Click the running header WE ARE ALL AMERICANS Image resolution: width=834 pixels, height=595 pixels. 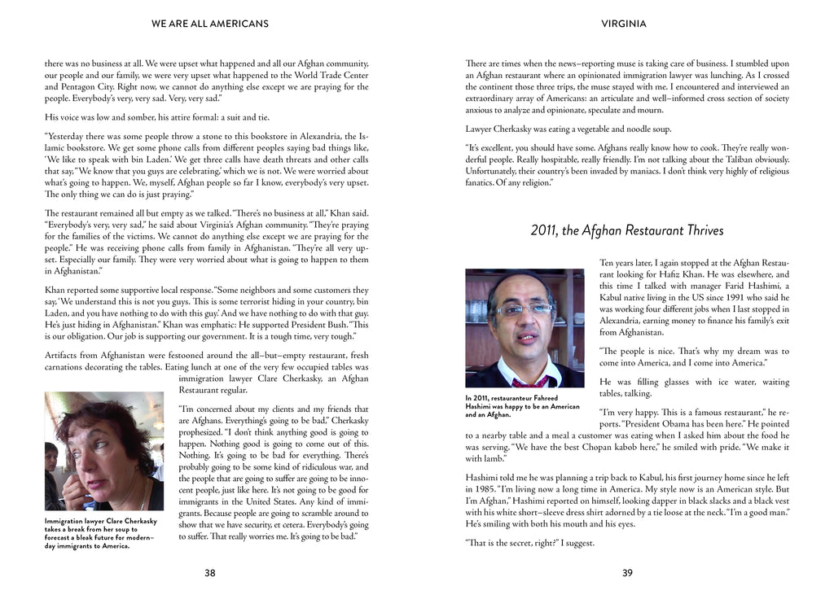pos(209,24)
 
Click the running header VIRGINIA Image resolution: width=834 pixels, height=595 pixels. pos(624,24)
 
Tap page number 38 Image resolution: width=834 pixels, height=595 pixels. pos(210,573)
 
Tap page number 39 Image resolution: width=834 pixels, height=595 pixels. pos(627,573)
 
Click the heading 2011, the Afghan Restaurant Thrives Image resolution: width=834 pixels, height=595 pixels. pos(626,230)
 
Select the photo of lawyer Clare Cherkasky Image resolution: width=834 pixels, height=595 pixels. pos(103,451)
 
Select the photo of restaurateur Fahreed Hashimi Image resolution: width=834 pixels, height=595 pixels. pos(525,328)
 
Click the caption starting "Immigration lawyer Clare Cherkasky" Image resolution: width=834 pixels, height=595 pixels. pos(102,533)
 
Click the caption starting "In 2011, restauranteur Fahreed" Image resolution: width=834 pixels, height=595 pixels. pos(523,406)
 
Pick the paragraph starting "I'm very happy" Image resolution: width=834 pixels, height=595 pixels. pos(626,430)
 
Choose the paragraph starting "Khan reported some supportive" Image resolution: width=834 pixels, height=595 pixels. pos(206,313)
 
